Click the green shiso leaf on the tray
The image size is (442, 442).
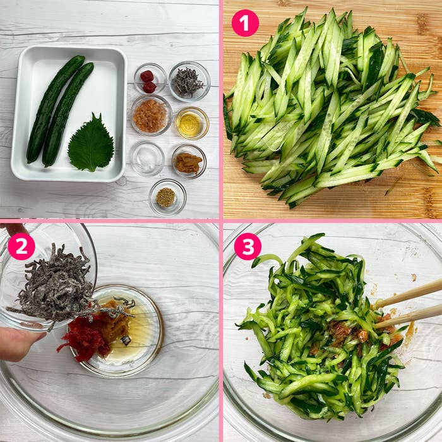[91, 143]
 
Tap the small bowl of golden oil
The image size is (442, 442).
[192, 123]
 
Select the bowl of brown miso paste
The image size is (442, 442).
[189, 162]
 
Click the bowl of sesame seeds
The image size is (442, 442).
[167, 197]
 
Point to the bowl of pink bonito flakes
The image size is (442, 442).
[152, 116]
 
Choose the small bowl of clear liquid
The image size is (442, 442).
[147, 158]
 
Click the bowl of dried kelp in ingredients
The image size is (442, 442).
[189, 81]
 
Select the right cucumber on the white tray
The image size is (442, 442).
[68, 114]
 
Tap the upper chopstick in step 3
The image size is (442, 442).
[408, 295]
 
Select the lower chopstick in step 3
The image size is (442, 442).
[408, 317]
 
